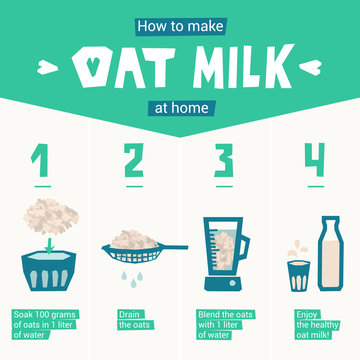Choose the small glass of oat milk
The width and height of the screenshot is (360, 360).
(298, 275)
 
